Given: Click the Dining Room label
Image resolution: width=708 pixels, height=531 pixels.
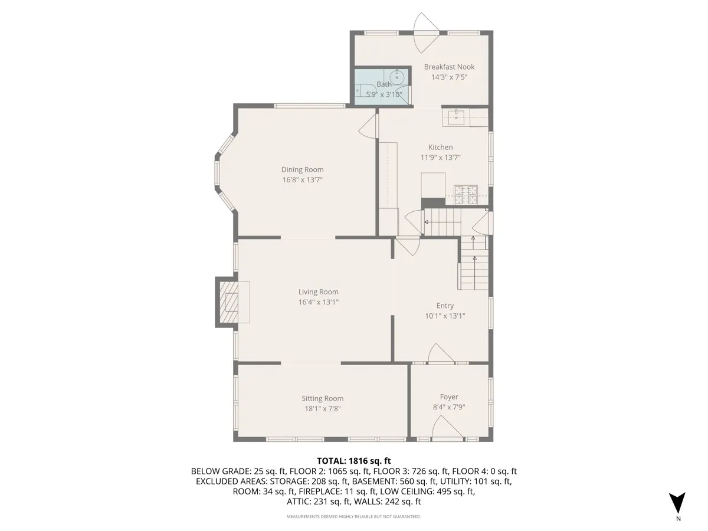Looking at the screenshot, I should click(x=302, y=169).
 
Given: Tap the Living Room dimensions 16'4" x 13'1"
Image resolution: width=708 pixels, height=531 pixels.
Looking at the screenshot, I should click(x=318, y=302).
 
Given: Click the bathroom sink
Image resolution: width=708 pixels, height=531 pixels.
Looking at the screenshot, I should click(x=398, y=77).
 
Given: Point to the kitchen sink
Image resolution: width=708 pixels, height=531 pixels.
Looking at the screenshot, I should click(x=457, y=116).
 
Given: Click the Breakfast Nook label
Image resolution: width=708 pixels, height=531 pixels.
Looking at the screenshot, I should click(x=449, y=67).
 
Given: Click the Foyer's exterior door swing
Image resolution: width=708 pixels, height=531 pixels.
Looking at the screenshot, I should click(x=447, y=427).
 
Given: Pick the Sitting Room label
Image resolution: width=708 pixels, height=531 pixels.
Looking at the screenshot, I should click(x=322, y=398).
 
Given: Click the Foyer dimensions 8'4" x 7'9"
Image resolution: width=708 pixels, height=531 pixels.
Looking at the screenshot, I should click(x=448, y=407).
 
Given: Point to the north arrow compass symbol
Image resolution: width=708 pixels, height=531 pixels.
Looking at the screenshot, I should click(x=678, y=503).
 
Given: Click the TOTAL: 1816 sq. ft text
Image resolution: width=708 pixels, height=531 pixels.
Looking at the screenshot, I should click(x=354, y=460).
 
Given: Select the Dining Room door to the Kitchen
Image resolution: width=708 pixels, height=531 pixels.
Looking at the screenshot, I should click(x=369, y=126).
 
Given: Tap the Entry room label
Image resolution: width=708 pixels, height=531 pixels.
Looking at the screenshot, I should click(x=445, y=306).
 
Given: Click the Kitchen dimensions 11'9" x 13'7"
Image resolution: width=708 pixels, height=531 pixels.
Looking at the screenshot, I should click(x=440, y=158).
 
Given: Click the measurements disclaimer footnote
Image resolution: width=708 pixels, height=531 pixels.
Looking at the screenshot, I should click(x=354, y=516).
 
